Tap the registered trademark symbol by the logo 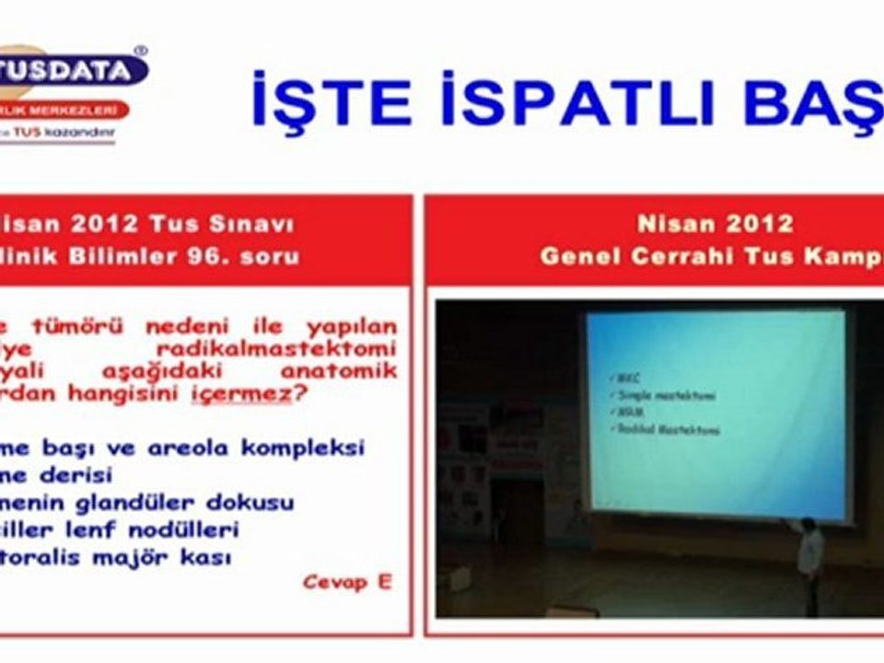click(x=140, y=52)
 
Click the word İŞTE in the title click(x=331, y=100)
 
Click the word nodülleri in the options click(x=192, y=530)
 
